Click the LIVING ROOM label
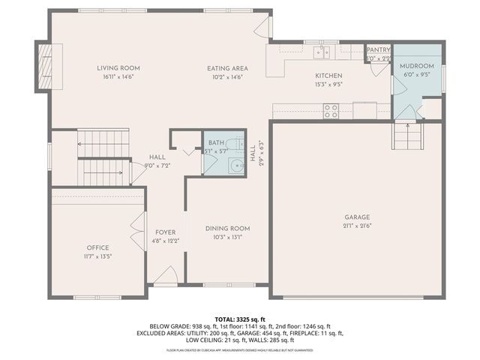[118, 68]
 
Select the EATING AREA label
[227, 68]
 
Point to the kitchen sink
[322, 52]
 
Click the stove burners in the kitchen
[331, 111]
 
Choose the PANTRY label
[378, 50]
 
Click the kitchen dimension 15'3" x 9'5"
[328, 84]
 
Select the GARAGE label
[356, 217]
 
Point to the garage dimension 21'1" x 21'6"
[356, 226]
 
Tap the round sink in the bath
[237, 166]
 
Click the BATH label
[216, 142]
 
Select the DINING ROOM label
[227, 229]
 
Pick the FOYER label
[165, 232]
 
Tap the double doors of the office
[137, 231]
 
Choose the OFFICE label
[97, 247]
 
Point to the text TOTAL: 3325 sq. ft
[240, 319]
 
